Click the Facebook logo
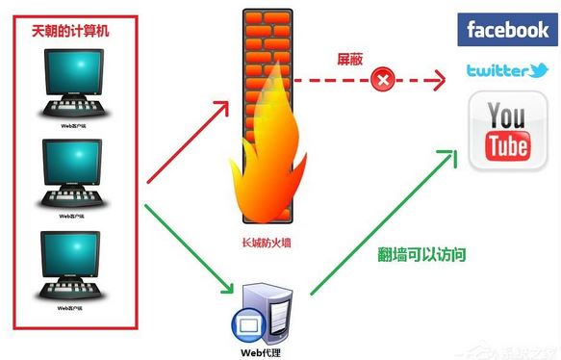click(x=507, y=30)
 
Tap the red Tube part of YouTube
click(x=506, y=147)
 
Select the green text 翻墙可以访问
click(x=421, y=254)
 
